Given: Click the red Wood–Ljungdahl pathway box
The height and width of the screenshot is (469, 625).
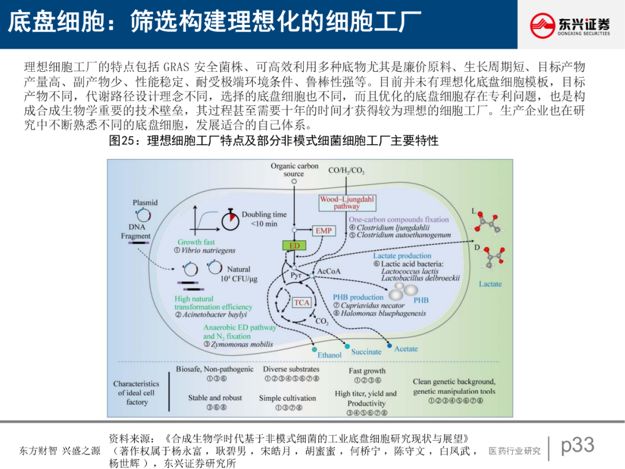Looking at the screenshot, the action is click(347, 203).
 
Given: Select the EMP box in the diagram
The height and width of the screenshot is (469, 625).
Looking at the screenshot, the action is click(323, 230).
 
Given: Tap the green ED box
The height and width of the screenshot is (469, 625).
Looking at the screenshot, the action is click(294, 246).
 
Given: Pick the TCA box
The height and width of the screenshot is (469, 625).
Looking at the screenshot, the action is click(302, 302).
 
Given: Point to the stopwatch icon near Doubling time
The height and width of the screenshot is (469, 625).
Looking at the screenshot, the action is click(230, 219).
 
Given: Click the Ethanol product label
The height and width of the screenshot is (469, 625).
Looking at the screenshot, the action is click(329, 355).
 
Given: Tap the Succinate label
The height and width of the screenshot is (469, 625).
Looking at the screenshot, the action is click(366, 351).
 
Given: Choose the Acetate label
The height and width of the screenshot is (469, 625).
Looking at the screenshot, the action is click(406, 349).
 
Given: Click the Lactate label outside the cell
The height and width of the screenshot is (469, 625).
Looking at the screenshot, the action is click(490, 284).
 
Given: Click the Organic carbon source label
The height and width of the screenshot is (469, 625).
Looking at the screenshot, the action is click(294, 170).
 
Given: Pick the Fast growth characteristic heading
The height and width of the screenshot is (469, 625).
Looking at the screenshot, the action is click(367, 371).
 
